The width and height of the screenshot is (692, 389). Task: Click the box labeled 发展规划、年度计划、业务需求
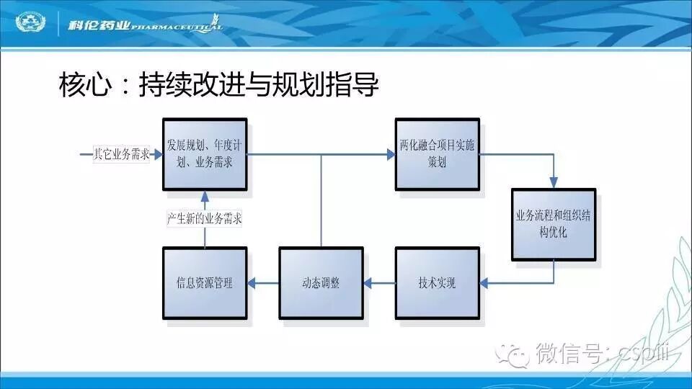click(205, 154)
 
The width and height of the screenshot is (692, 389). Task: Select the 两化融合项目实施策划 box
click(437, 154)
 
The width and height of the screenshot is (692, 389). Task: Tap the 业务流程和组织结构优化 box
click(554, 224)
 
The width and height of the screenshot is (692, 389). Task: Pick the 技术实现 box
click(437, 283)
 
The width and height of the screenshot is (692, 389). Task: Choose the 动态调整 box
click(321, 283)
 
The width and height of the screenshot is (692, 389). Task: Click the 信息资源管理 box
click(205, 283)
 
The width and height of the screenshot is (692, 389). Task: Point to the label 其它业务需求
click(121, 154)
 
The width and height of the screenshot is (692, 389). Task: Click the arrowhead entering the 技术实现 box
click(486, 283)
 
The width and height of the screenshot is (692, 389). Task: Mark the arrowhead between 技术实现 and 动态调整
click(369, 283)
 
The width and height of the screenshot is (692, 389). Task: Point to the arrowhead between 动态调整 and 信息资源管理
click(253, 283)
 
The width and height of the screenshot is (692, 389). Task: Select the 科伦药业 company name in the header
click(99, 26)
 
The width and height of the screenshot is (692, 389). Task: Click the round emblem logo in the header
click(30, 24)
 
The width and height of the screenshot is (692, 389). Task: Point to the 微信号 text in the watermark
click(564, 354)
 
